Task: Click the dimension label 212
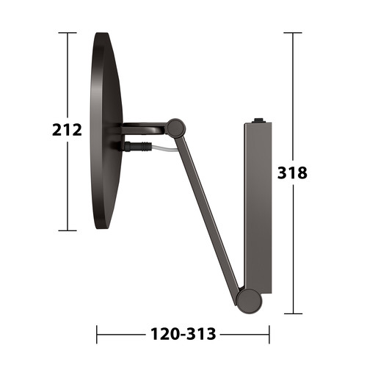pos(67,130)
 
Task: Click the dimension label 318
pos(292,173)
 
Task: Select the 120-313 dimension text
pos(183,334)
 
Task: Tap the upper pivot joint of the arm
pos(175,127)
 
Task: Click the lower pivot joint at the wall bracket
pos(249,301)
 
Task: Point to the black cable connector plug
pos(137,147)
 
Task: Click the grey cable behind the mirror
pos(164,148)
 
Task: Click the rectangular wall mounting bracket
pos(258,208)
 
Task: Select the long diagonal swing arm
pos(207,211)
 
